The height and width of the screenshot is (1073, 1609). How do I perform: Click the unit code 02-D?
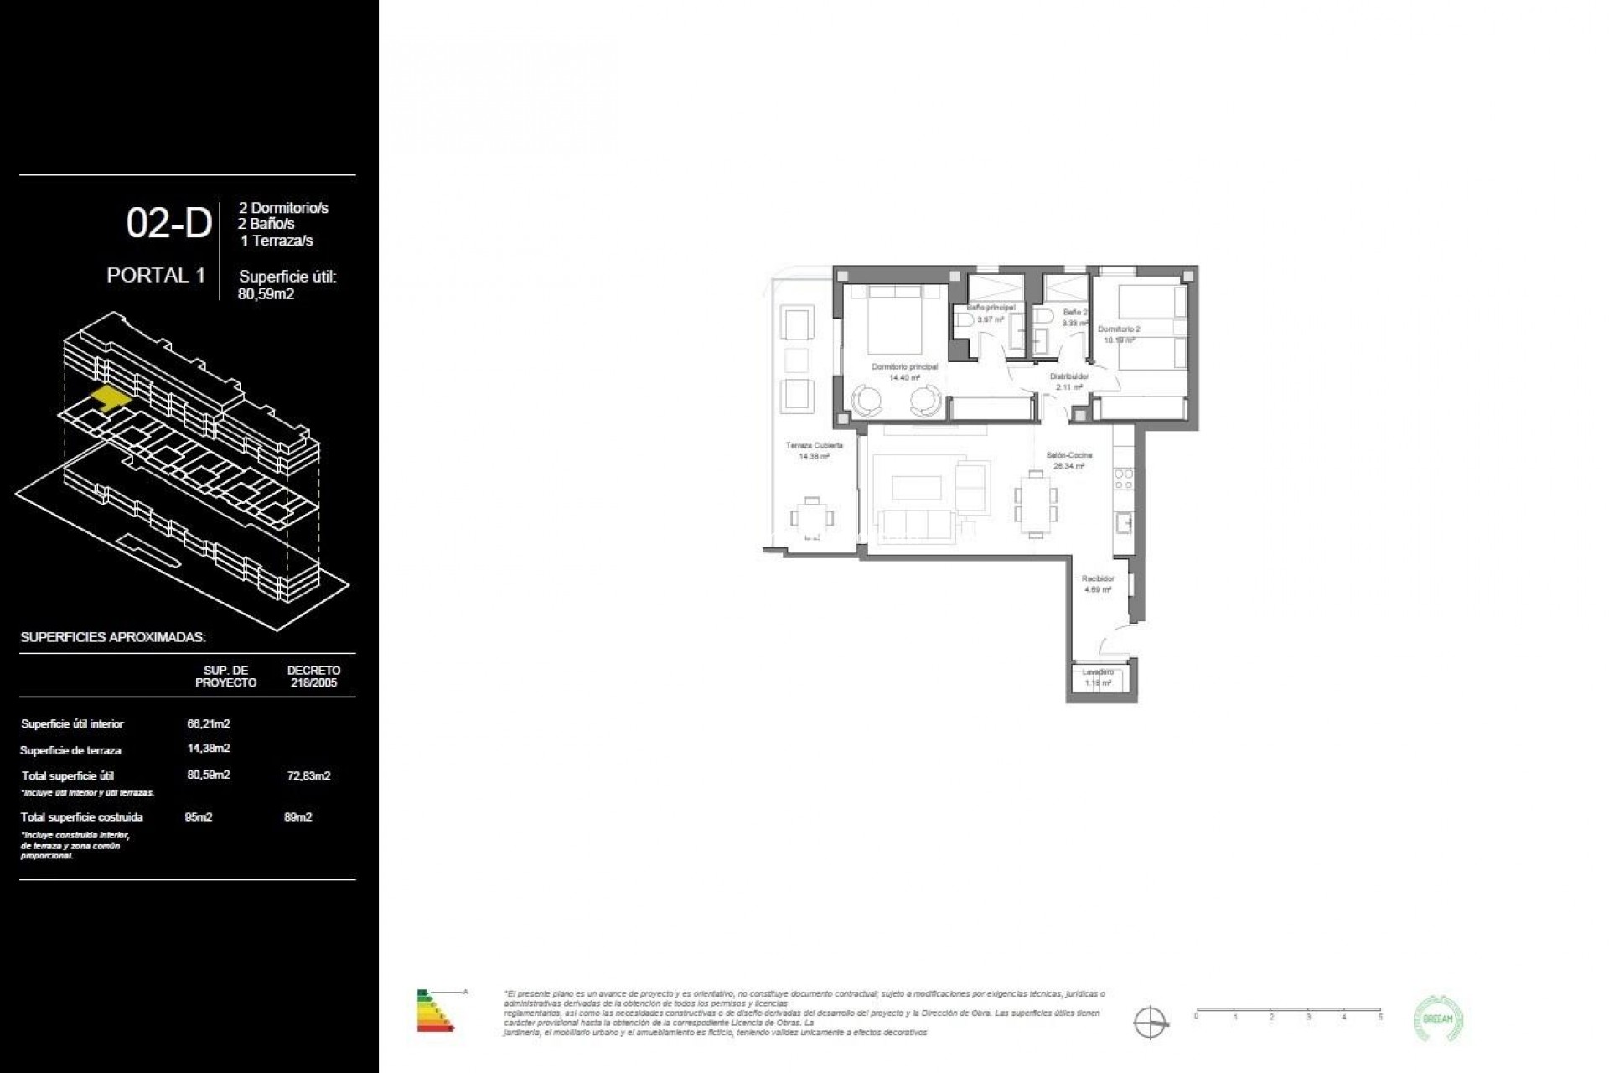pyautogui.click(x=168, y=224)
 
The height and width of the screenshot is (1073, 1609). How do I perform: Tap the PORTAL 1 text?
pyautogui.click(x=156, y=275)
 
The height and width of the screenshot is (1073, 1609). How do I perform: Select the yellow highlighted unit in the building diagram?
pyautogui.click(x=110, y=397)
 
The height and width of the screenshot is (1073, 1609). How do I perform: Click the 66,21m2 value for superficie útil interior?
pyautogui.click(x=209, y=723)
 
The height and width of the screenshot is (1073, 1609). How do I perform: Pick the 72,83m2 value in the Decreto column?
pyautogui.click(x=308, y=775)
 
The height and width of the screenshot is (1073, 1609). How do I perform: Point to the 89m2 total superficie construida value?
pyautogui.click(x=297, y=816)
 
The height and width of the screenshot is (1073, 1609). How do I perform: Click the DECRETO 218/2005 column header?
pyautogui.click(x=313, y=676)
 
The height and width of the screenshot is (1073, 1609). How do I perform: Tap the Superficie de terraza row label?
pyautogui.click(x=70, y=750)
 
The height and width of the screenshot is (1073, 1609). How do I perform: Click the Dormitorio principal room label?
pyautogui.click(x=904, y=367)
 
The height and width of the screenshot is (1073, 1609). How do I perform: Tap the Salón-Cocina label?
pyautogui.click(x=1068, y=455)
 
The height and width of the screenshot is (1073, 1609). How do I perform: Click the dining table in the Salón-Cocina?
pyautogui.click(x=1036, y=503)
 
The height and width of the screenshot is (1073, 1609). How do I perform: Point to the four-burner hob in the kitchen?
pyautogui.click(x=1123, y=479)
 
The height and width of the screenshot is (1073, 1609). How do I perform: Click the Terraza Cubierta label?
pyautogui.click(x=814, y=446)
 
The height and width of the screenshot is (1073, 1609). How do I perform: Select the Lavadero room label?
pyautogui.click(x=1097, y=672)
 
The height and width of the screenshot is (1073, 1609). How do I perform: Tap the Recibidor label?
pyautogui.click(x=1097, y=578)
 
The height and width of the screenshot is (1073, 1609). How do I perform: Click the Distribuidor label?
pyautogui.click(x=1068, y=376)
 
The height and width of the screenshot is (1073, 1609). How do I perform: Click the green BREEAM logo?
pyautogui.click(x=1438, y=1019)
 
